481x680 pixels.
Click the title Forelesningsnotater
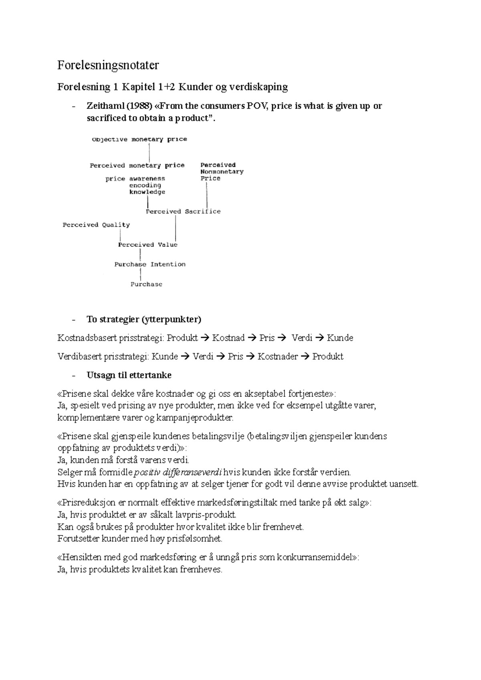tap(108, 65)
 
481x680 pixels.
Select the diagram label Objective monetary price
tap(139, 139)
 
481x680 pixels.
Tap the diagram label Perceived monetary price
tap(137, 165)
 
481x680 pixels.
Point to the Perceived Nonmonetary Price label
tap(222, 171)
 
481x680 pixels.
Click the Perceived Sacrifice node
tap(183, 211)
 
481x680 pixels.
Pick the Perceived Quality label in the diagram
tap(96, 225)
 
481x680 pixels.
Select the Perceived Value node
tap(148, 244)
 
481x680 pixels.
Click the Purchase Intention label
tap(150, 264)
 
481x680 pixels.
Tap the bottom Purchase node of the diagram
tap(146, 284)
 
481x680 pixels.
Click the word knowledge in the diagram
tap(147, 192)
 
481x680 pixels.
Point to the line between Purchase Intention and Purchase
tap(141, 274)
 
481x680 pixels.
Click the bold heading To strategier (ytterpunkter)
tap(144, 319)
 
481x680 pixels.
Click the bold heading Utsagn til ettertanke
tap(129, 375)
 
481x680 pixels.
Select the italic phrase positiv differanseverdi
tap(178, 472)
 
